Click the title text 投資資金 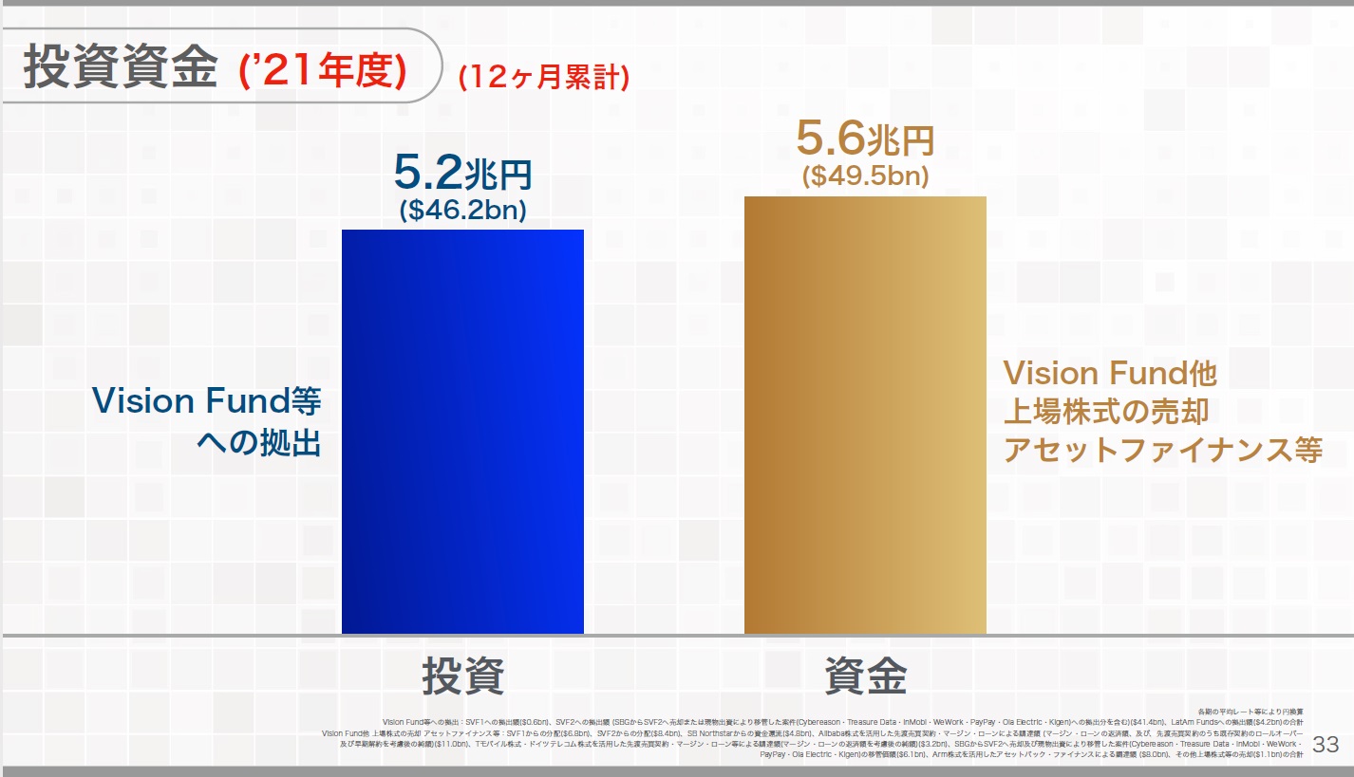[x=120, y=67]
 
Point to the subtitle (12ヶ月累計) [x=543, y=77]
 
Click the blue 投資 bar [x=462, y=432]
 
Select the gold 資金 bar [x=865, y=415]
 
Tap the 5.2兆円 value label [x=462, y=175]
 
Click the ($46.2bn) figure [x=462, y=211]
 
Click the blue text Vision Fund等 [x=206, y=401]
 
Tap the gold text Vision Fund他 [x=1110, y=373]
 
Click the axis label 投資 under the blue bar [x=462, y=676]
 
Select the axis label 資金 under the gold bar [x=865, y=676]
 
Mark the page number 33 [x=1325, y=745]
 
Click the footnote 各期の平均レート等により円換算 [x=1250, y=712]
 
